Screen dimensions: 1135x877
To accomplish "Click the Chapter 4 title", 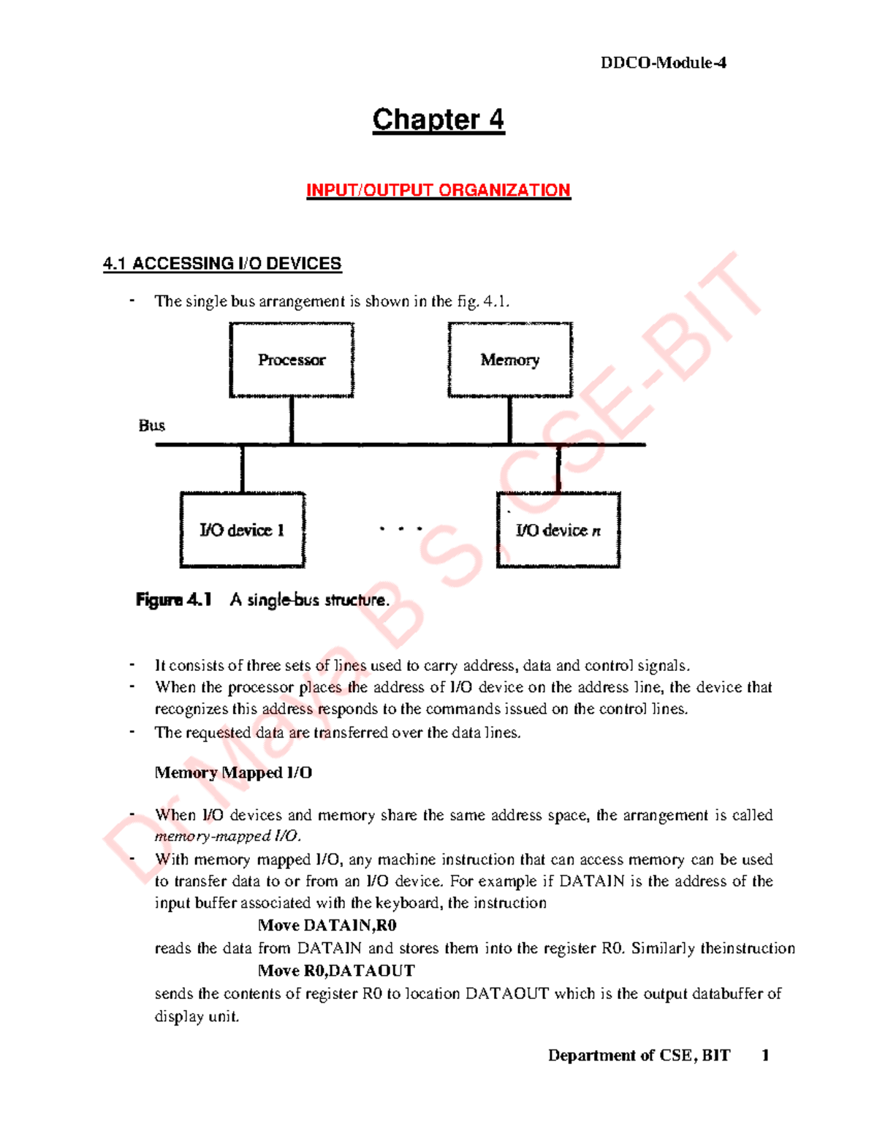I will (438, 120).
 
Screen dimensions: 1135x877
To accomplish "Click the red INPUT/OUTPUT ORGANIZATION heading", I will (438, 190).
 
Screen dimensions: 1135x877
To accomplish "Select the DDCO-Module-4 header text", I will (663, 63).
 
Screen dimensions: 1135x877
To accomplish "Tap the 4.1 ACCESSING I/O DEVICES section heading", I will (222, 264).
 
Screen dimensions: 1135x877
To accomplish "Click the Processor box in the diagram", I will (292, 360).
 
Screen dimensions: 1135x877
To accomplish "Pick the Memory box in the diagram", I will (510, 360).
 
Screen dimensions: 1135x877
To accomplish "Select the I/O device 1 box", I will (242, 530).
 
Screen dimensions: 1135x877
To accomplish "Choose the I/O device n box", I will (558, 530).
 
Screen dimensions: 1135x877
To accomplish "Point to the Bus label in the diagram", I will (152, 425).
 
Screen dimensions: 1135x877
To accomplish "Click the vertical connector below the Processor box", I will (292, 420).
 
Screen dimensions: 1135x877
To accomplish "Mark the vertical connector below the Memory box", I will (509, 420).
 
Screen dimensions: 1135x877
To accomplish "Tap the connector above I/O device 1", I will (242, 468).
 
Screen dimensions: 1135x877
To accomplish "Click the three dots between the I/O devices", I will (400, 528).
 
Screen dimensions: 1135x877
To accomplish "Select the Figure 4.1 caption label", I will (174, 600).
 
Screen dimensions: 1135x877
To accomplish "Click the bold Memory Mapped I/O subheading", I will (233, 773).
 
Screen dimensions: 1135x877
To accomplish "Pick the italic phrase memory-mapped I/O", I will (227, 836).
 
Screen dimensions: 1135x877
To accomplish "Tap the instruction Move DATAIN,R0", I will (327, 925).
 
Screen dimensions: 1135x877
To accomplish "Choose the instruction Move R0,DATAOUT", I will (336, 971).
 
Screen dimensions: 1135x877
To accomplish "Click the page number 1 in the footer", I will (765, 1055).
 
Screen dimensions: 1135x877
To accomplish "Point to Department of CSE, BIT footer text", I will (639, 1055).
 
